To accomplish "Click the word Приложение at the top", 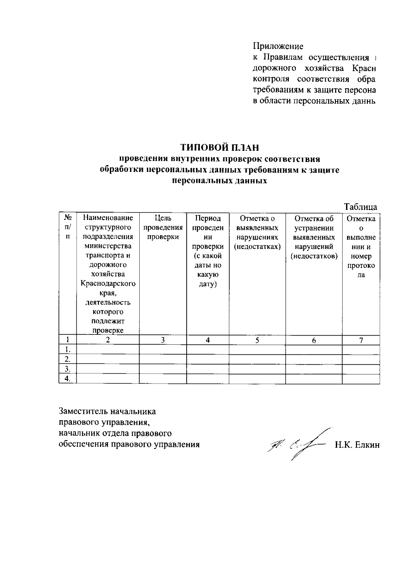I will [x=278, y=46].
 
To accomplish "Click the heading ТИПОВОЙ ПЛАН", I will [x=219, y=147].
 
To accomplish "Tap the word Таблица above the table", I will [x=360, y=207].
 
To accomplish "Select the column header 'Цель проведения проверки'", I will [x=163, y=227].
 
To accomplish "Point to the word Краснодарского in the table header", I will [x=108, y=284].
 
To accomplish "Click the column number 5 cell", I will [x=257, y=340].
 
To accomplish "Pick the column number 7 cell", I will [x=361, y=340].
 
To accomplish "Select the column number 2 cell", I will [x=108, y=340].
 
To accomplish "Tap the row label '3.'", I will [x=67, y=369].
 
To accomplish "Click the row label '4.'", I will [x=67, y=379].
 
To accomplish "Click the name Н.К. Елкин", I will [x=357, y=445].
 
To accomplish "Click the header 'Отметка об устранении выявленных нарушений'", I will [x=314, y=237].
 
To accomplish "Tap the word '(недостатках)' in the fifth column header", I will [x=257, y=247].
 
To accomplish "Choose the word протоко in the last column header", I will [x=361, y=265].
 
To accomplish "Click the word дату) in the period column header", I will [x=207, y=284].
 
